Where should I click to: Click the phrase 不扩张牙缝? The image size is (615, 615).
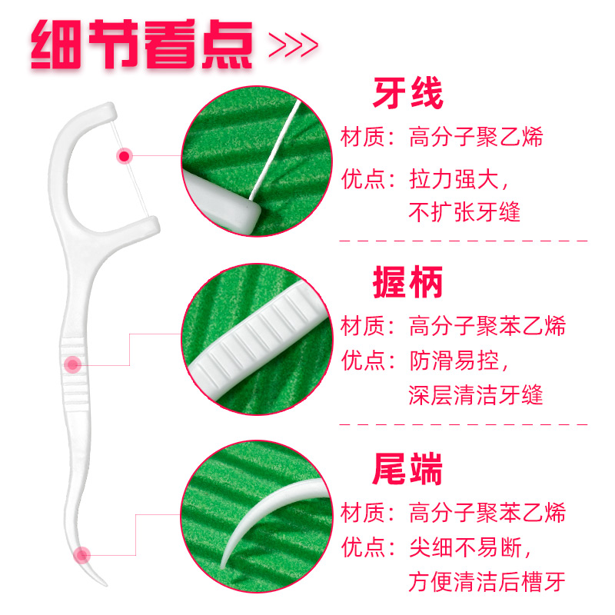point(464,210)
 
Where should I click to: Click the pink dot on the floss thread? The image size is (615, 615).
point(124,156)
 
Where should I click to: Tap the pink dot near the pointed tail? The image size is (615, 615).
point(81,553)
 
